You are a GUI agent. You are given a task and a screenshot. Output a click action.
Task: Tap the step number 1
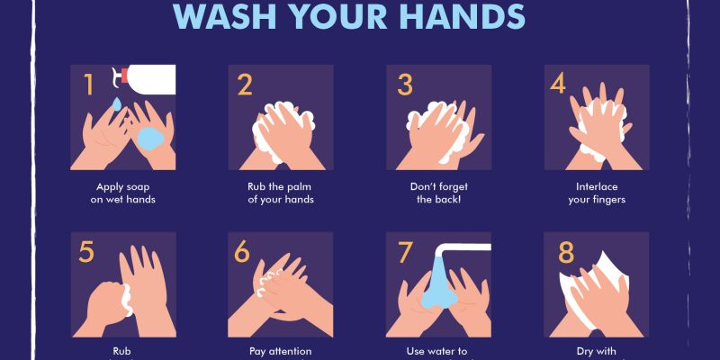coord(89,85)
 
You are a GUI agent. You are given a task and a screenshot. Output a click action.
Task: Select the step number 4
coord(559,85)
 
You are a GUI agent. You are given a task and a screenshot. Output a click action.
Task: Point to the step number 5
coord(86,252)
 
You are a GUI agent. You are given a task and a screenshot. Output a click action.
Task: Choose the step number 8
coord(566,253)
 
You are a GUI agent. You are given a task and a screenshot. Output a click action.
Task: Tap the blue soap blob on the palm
coord(148,138)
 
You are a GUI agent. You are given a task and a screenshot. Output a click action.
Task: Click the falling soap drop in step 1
coord(117,105)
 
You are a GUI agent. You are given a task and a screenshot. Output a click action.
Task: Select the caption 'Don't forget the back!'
coord(438,193)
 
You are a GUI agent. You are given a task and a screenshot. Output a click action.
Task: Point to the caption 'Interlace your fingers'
coord(596,193)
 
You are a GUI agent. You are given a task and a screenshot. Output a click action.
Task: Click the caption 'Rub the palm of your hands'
coord(281,193)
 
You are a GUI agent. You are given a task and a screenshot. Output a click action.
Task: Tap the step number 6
coord(243,252)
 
